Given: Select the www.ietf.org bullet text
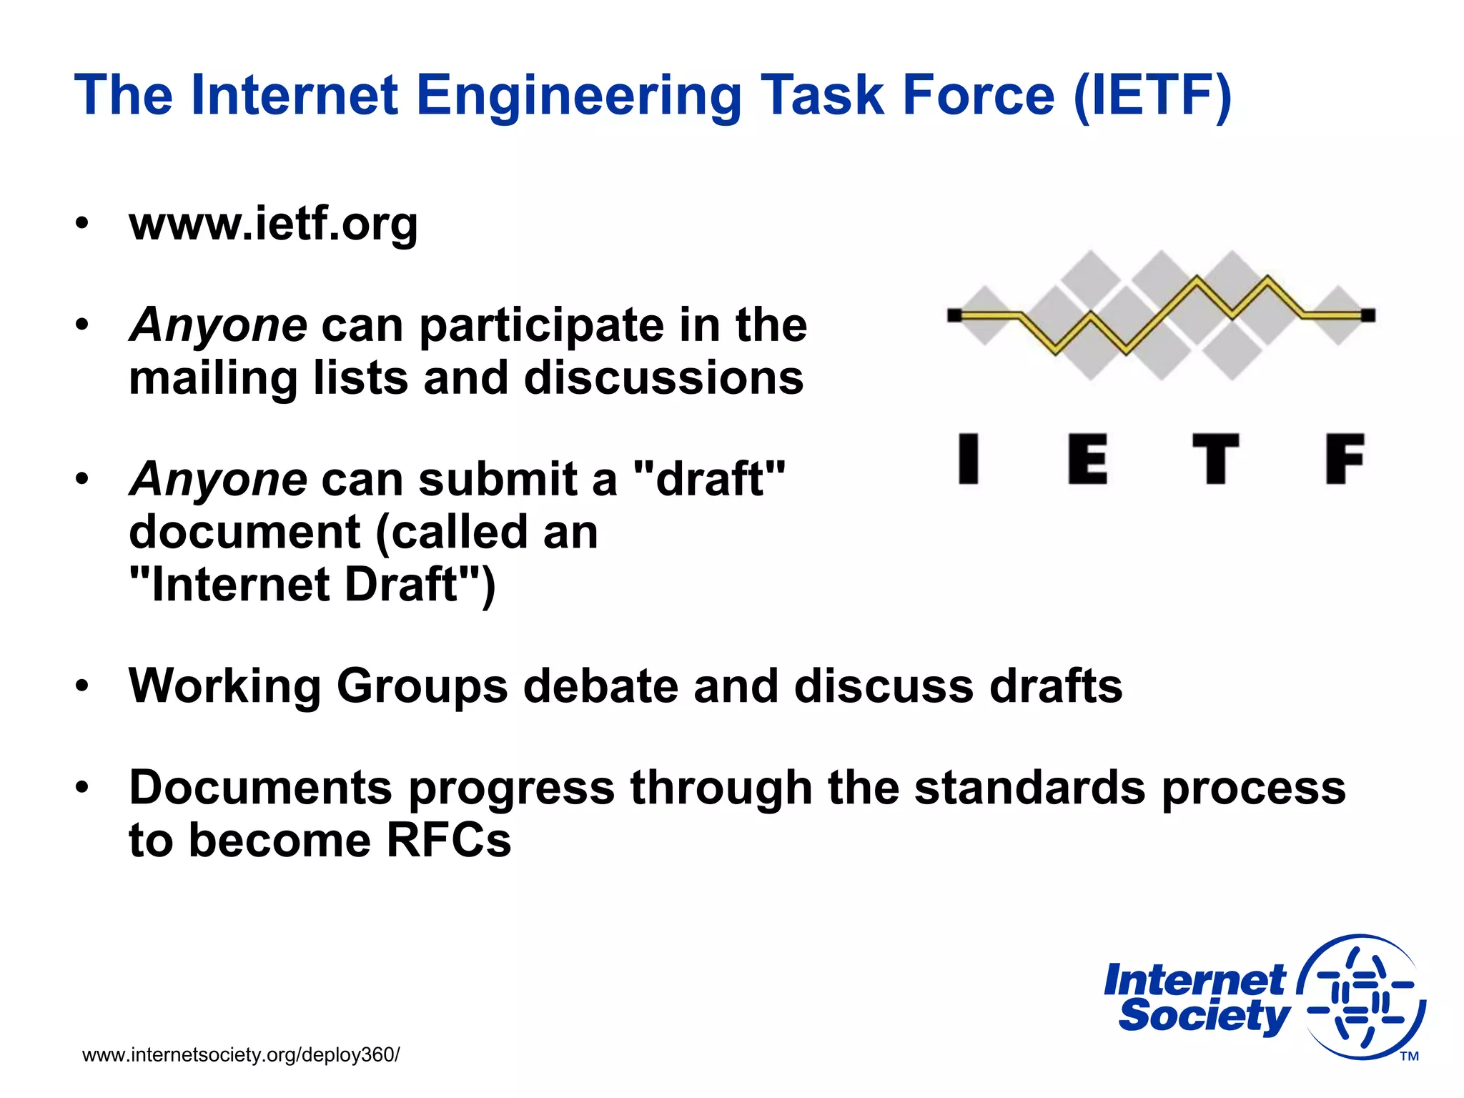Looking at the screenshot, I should [x=273, y=224].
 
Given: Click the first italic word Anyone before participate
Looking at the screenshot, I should [x=219, y=325].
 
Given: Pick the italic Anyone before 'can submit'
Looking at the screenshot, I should [x=219, y=479].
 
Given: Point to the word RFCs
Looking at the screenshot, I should [x=449, y=840].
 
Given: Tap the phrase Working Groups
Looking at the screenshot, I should [x=318, y=686].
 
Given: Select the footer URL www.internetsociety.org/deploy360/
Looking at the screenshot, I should [x=241, y=1055].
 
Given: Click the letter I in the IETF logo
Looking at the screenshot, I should [x=969, y=459].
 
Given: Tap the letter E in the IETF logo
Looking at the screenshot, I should [x=1087, y=459].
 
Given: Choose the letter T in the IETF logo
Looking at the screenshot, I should [x=1215, y=459].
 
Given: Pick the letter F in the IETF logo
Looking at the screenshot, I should [x=1345, y=459].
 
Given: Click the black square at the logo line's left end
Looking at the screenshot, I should [x=954, y=315].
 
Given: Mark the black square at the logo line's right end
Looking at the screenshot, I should [x=1367, y=315].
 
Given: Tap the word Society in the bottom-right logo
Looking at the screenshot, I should [x=1204, y=1016].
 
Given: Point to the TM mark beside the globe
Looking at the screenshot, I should [x=1409, y=1057].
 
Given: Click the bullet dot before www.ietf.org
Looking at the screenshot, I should [x=83, y=224].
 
